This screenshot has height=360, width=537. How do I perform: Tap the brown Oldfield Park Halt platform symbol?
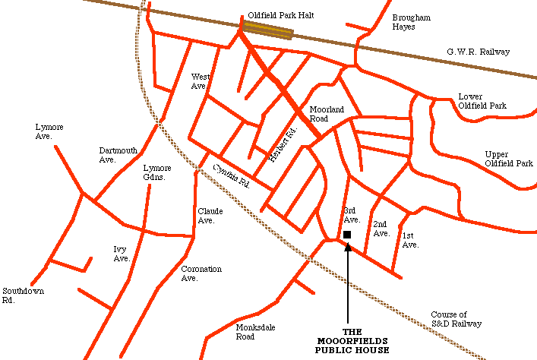point(267,30)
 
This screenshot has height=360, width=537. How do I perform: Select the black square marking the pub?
point(347,235)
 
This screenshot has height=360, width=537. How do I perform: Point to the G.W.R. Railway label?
point(478,52)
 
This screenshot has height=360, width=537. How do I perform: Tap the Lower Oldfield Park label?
point(482,101)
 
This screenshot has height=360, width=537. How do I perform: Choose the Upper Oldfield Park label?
point(509,159)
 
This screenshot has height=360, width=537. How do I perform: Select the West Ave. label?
point(200,81)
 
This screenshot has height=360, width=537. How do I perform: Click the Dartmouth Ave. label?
point(118,155)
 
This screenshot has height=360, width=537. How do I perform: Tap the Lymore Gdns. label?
point(157,172)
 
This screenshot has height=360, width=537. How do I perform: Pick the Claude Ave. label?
point(207,216)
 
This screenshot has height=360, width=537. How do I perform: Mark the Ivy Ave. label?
point(122,254)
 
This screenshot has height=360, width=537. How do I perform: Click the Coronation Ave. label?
point(201,273)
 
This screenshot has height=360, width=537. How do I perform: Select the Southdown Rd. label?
point(23,295)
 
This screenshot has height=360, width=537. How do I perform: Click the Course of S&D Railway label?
point(456,319)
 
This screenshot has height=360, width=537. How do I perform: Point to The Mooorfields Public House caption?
point(352,341)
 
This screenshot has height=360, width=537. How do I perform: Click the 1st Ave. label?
point(410,240)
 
